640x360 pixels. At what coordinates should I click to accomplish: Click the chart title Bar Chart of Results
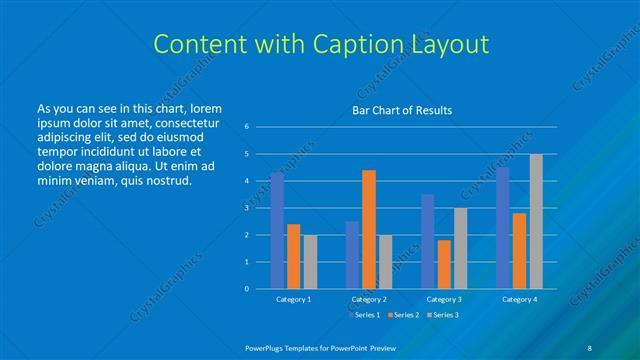401,109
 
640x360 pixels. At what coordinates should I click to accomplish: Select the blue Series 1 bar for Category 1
277,230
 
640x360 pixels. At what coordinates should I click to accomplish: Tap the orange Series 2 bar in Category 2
369,229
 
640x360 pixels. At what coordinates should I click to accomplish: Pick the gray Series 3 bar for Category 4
536,221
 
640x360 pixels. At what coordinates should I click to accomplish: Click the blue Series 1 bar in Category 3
428,241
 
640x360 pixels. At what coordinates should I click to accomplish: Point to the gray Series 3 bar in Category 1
310,261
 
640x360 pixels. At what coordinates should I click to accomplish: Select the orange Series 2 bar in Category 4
520,250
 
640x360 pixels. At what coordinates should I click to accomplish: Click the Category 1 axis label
293,299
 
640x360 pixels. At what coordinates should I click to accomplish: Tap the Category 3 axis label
444,299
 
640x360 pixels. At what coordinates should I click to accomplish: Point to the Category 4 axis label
519,299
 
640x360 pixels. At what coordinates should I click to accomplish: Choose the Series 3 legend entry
445,315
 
